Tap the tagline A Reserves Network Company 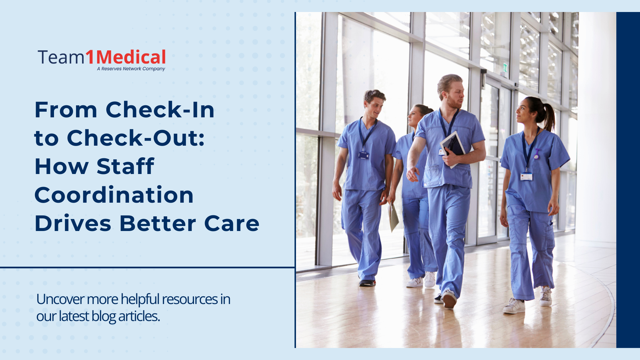coord(131,69)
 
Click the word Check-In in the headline coord(160,110)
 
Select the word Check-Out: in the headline coord(136,138)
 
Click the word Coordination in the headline coord(114,195)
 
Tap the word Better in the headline coord(158,223)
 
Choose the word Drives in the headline coord(73,223)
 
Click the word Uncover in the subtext coord(60,299)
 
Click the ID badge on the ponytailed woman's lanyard coord(526,176)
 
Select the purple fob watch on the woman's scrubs coord(537,154)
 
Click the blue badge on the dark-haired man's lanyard coord(363,155)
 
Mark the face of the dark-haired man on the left coord(374,107)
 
